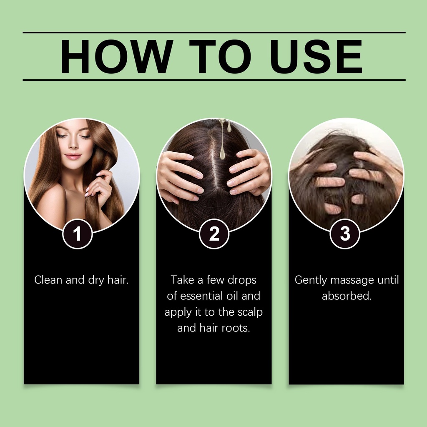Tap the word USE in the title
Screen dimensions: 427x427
click(x=316, y=56)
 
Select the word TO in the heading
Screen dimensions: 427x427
click(x=220, y=56)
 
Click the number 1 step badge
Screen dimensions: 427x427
click(x=78, y=234)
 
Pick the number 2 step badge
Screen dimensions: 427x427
click(x=214, y=234)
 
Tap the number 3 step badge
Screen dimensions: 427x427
click(x=345, y=234)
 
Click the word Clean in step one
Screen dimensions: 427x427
click(x=48, y=280)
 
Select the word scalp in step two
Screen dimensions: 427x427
click(x=250, y=312)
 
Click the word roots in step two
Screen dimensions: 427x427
click(x=236, y=328)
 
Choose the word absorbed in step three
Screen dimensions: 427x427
click(x=347, y=296)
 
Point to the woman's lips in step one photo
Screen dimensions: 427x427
click(x=73, y=156)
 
